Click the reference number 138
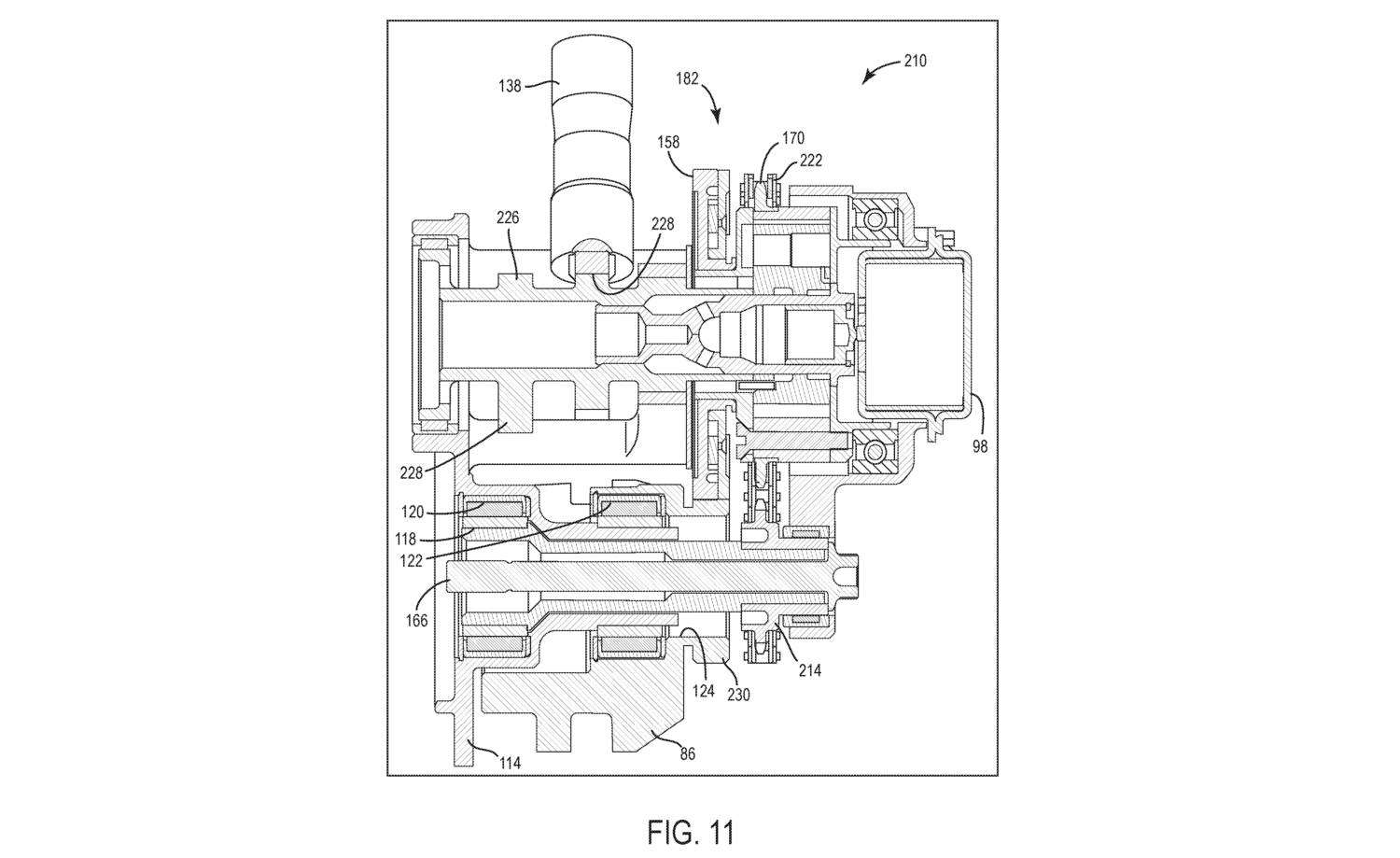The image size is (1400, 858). (x=510, y=86)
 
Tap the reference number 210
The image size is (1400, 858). (x=915, y=62)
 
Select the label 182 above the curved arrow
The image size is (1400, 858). (x=687, y=78)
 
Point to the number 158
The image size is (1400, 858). (x=668, y=142)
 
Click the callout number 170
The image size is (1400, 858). (x=793, y=137)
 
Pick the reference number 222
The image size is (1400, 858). (x=811, y=161)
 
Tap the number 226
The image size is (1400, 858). (x=508, y=218)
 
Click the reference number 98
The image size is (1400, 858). (x=980, y=446)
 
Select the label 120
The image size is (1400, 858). (x=413, y=513)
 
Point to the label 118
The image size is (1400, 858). (x=406, y=539)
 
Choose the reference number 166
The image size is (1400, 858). (x=416, y=620)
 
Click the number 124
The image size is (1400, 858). (x=703, y=691)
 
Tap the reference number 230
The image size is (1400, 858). (x=738, y=695)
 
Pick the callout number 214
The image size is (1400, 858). (x=809, y=671)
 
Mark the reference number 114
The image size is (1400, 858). (x=510, y=763)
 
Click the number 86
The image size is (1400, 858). (x=688, y=754)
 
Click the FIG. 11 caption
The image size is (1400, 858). (x=691, y=833)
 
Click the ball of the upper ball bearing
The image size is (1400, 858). (x=874, y=218)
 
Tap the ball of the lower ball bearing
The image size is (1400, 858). (x=874, y=450)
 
